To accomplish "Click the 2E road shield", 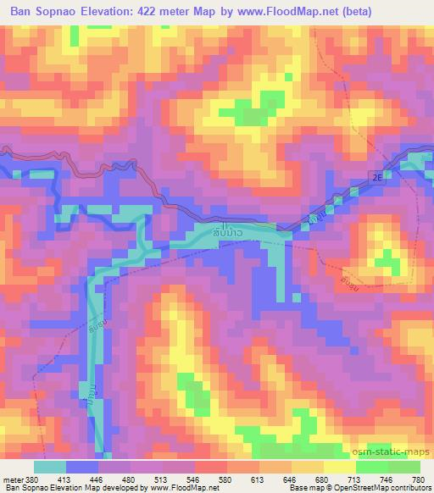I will tap(376, 175).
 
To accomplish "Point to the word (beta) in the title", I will tap(359, 10).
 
